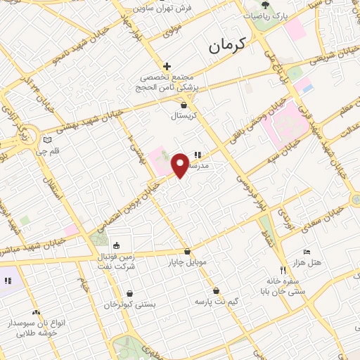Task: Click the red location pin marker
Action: (179, 165)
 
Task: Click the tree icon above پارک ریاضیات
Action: (264, 4)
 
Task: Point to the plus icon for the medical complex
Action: (167, 65)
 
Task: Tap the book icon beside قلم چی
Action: (47, 140)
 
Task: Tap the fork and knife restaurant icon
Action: (283, 270)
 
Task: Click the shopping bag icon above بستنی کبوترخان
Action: (127, 294)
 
